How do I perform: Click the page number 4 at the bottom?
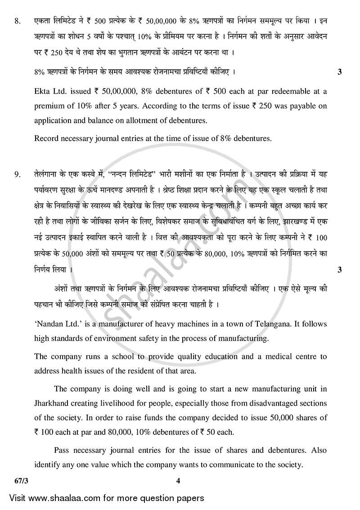pyautogui.click(x=178, y=481)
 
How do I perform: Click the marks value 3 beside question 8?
pyautogui.click(x=339, y=72)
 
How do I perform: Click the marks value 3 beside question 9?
pyautogui.click(x=339, y=270)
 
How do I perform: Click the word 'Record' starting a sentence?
pyautogui.click(x=47, y=139)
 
